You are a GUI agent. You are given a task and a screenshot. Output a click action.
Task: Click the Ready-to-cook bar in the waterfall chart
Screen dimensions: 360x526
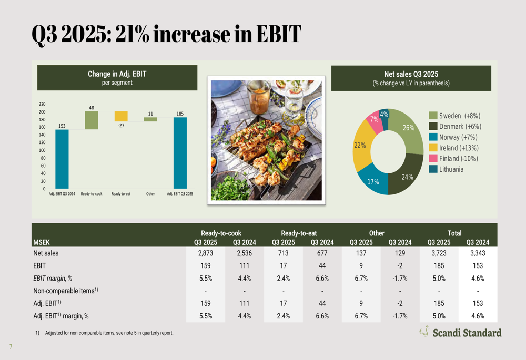pos(92,120)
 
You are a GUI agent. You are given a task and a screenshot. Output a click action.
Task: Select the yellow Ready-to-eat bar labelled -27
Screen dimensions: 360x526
pos(121,116)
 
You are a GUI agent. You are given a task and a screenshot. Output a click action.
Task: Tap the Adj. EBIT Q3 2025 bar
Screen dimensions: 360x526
pos(180,152)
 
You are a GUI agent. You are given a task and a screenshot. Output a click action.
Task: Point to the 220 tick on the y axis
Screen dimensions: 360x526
pos(42,105)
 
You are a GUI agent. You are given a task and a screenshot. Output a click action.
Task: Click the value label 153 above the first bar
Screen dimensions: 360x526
pos(62,125)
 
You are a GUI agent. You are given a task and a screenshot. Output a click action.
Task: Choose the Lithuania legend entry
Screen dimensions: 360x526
pos(451,170)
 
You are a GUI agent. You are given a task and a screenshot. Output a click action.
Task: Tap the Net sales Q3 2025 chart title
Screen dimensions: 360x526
pos(411,75)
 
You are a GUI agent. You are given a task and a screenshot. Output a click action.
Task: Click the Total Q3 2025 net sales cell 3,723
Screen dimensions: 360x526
pos(439,253)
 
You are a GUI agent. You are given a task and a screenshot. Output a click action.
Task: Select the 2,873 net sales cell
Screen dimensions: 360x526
pos(206,253)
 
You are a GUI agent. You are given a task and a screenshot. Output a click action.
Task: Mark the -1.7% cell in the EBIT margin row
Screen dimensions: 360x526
pos(400,279)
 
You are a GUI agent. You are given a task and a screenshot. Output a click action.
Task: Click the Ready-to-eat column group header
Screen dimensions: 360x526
pos(299,233)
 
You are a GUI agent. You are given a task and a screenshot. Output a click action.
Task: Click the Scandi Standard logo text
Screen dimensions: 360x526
pos(467,333)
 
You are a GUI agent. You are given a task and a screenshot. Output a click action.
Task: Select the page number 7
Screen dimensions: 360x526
pos(10,347)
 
